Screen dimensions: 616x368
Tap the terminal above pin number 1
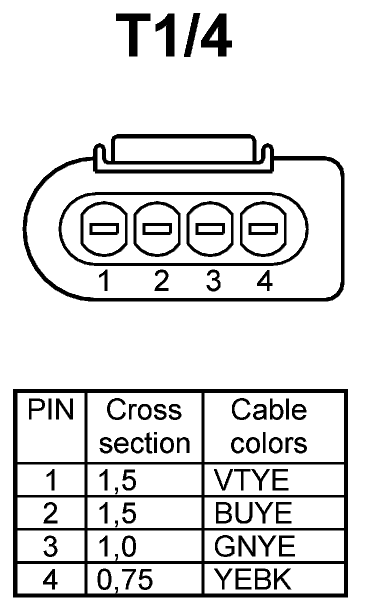click(104, 229)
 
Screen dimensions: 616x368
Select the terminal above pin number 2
click(157, 229)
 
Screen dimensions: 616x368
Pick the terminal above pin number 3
click(209, 229)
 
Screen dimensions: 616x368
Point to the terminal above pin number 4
click(263, 229)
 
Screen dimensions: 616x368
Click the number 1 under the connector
click(104, 281)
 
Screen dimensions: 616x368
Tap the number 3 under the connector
click(213, 281)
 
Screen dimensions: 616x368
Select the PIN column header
click(50, 410)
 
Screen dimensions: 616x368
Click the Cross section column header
click(144, 426)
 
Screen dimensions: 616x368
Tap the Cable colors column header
click(269, 426)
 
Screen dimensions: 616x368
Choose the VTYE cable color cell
click(252, 480)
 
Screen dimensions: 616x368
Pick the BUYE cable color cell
click(253, 513)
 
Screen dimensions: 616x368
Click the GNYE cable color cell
click(254, 546)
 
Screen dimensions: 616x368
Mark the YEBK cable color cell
click(252, 579)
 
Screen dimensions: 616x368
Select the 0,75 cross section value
click(125, 579)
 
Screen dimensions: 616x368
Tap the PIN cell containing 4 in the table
click(50, 579)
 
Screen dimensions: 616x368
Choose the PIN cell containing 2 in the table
click(50, 513)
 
